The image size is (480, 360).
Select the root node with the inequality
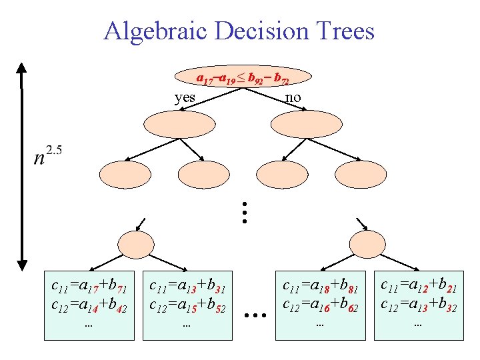(x=243, y=79)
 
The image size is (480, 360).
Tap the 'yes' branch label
(x=185, y=98)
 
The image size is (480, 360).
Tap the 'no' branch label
(x=293, y=98)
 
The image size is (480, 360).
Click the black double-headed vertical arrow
(x=22, y=167)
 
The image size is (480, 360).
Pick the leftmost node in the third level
(x=125, y=174)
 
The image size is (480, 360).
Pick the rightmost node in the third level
(x=361, y=174)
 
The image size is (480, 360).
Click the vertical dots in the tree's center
(x=245, y=212)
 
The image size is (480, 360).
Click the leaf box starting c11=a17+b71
(x=89, y=305)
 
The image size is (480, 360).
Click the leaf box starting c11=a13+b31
(x=187, y=305)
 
